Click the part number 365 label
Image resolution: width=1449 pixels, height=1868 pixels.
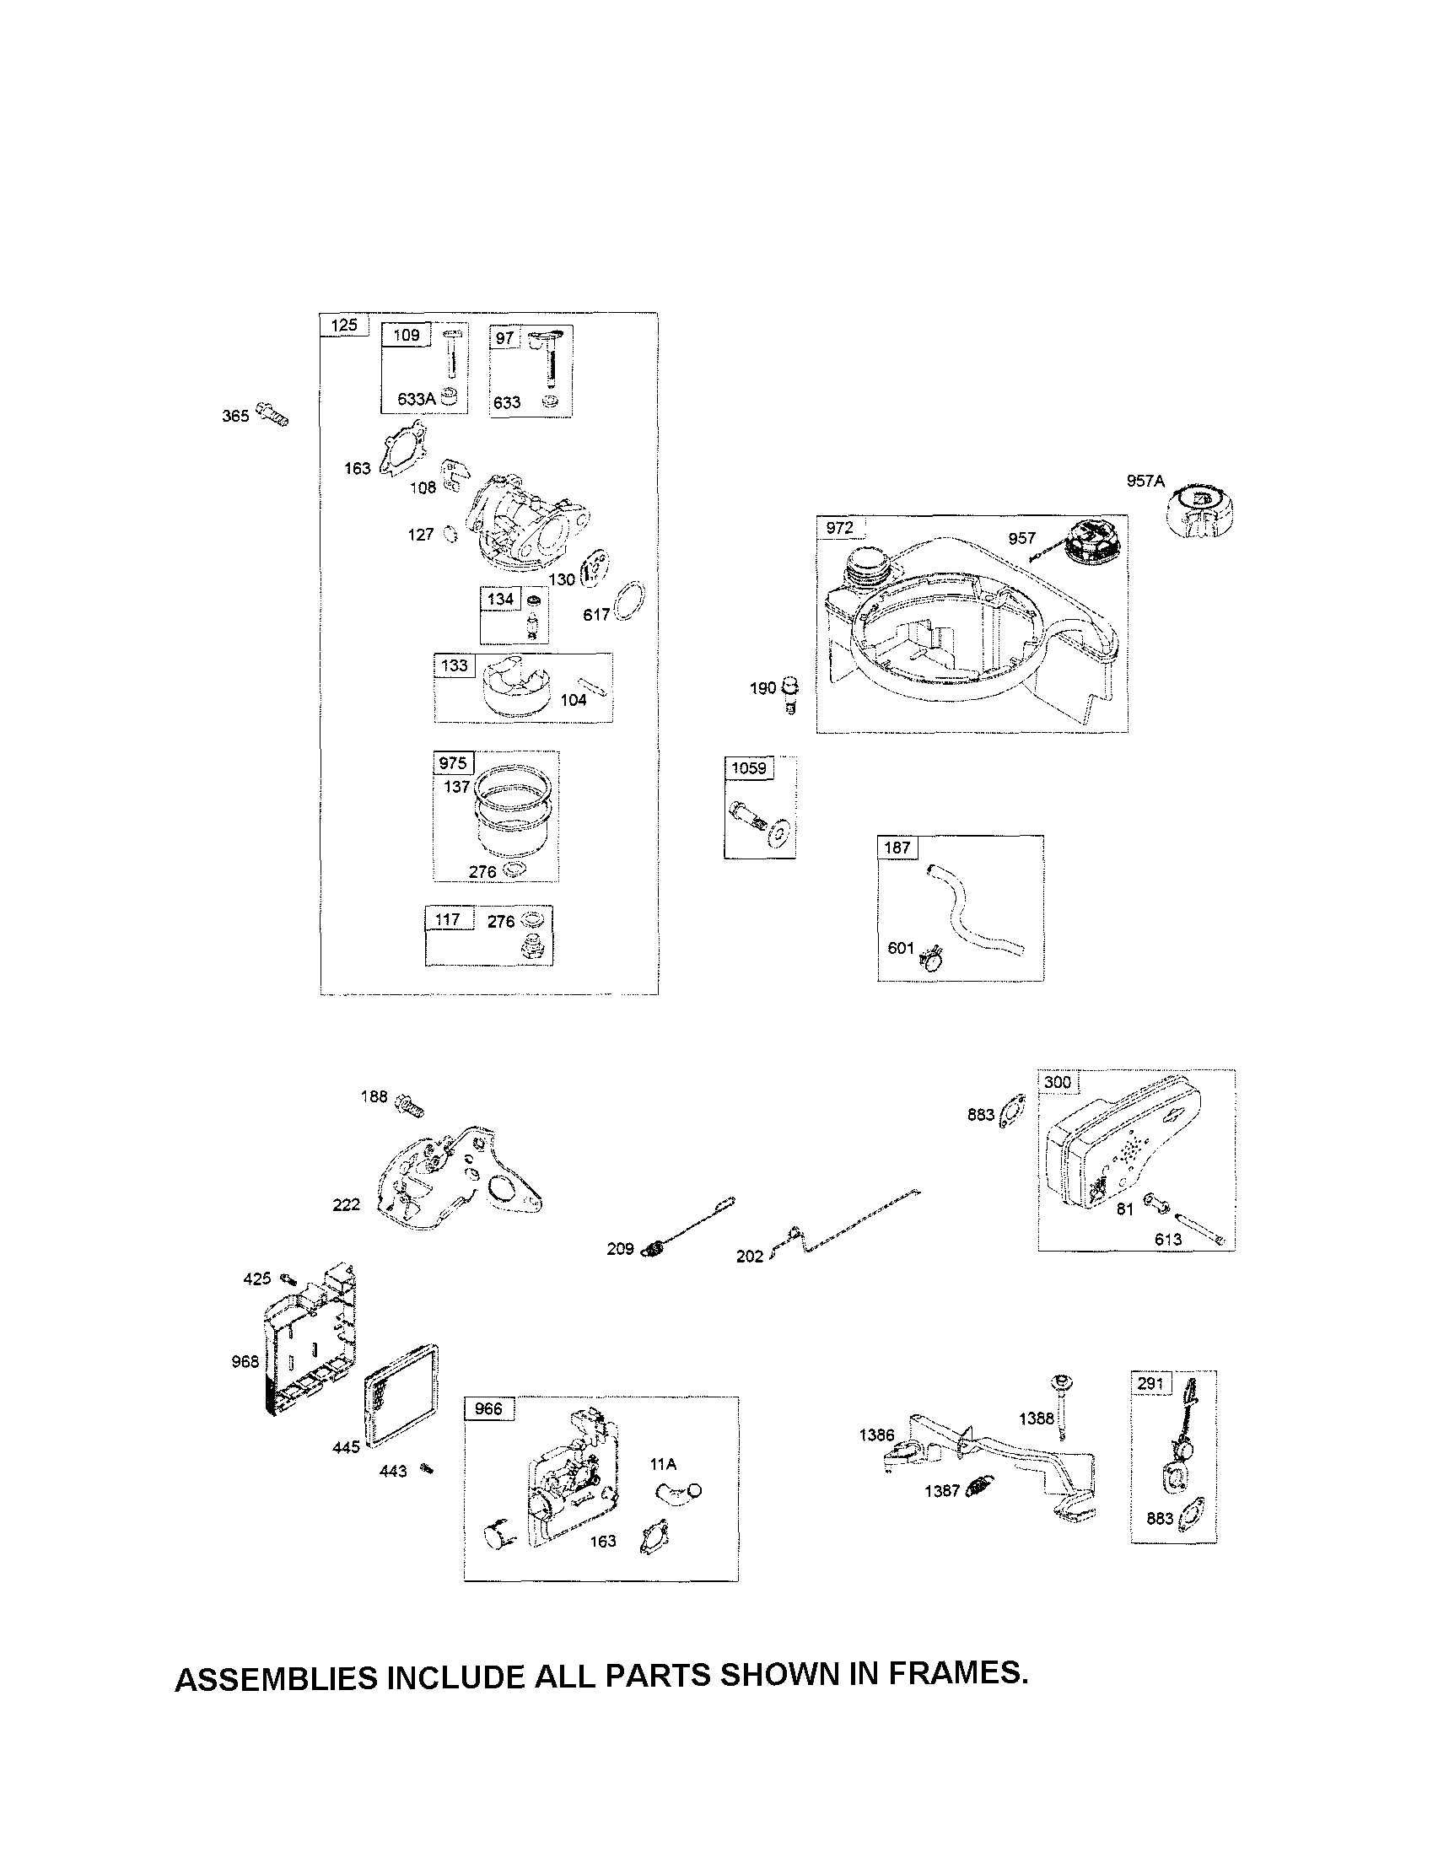235,417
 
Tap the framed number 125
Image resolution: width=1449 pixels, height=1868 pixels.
344,325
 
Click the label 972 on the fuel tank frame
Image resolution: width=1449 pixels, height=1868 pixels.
839,528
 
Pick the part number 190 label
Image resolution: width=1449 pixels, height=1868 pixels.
762,687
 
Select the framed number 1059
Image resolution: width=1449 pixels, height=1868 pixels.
748,768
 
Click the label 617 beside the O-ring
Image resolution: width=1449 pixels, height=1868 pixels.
595,615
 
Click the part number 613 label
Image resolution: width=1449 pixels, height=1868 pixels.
1167,1240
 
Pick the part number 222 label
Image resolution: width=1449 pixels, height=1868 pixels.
347,1204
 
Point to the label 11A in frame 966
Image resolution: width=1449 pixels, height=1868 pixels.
663,1464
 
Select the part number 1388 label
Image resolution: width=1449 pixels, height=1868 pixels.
1036,1419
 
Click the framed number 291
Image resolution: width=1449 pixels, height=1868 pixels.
1150,1383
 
